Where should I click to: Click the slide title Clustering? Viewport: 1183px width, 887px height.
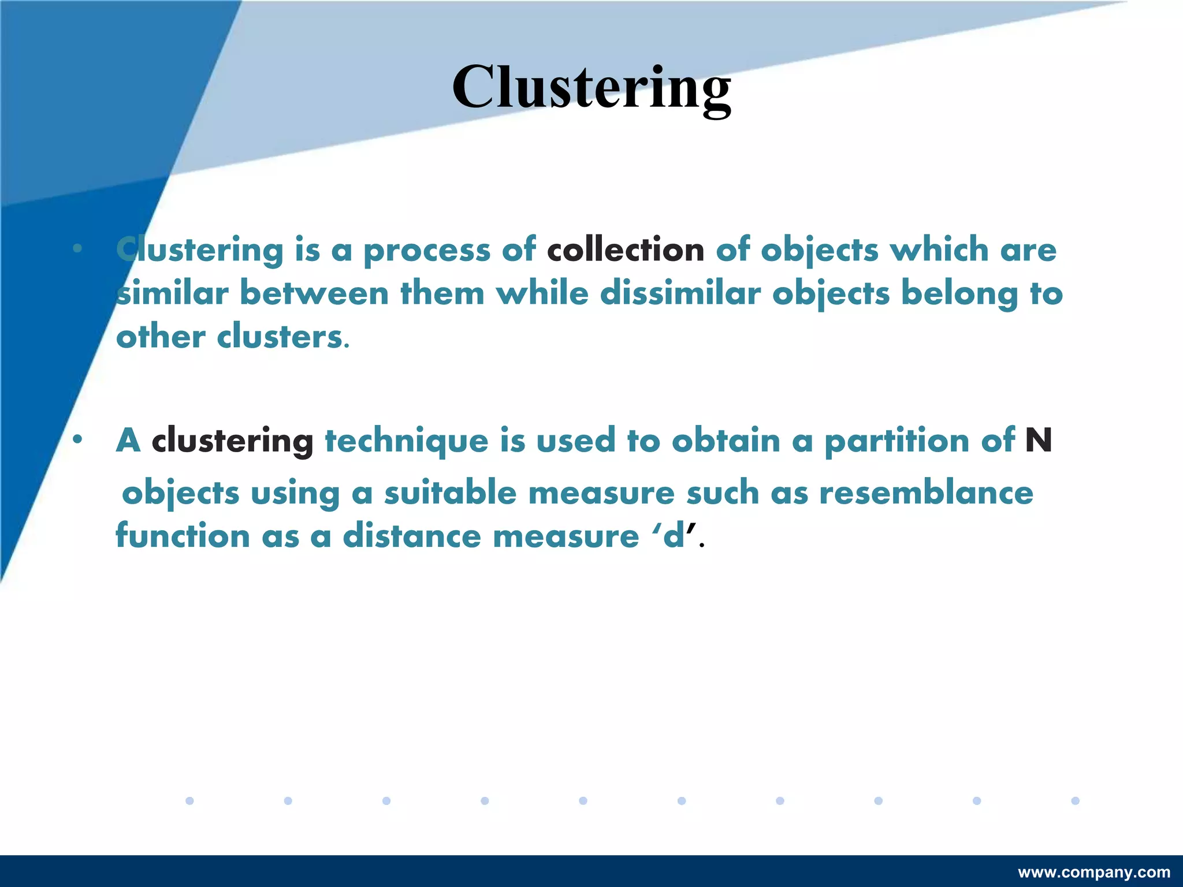[x=591, y=88]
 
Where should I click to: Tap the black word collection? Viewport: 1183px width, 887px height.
[x=626, y=250]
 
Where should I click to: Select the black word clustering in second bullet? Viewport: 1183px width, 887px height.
[x=232, y=441]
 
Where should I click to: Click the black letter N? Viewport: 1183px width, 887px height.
[x=1038, y=441]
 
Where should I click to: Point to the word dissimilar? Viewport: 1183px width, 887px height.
[x=680, y=293]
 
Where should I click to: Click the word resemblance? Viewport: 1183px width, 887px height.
[x=926, y=493]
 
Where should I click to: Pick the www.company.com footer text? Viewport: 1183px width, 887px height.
[x=1094, y=872]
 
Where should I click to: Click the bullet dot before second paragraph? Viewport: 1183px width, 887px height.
[x=77, y=440]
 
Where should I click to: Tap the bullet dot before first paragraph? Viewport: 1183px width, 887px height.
[x=77, y=249]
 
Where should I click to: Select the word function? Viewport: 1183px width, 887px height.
[x=183, y=536]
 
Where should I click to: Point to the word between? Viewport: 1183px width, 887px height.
[x=314, y=293]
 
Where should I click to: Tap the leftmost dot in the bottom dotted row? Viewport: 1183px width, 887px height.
[x=189, y=800]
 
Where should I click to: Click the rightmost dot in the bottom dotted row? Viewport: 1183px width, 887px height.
[x=1075, y=800]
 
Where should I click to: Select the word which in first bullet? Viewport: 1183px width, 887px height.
[x=939, y=250]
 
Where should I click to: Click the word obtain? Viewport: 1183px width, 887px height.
[x=726, y=441]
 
